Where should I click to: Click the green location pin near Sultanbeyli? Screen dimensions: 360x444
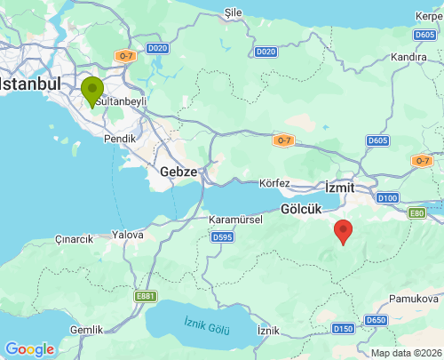[x=91, y=92]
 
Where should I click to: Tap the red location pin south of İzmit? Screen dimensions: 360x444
[x=343, y=232]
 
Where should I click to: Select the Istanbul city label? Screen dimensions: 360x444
[x=28, y=84]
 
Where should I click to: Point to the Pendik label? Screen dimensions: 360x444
[x=121, y=139]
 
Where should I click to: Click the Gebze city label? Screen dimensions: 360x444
[x=178, y=171]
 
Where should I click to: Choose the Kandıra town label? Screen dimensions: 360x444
[x=408, y=57]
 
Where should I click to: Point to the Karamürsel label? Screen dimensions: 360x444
[x=233, y=219]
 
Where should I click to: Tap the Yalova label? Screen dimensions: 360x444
[x=128, y=235]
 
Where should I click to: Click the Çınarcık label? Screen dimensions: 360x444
[x=74, y=239]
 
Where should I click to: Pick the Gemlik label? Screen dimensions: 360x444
[x=86, y=330]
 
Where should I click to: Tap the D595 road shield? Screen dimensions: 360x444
[x=222, y=237]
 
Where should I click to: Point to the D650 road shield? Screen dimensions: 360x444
[x=377, y=320]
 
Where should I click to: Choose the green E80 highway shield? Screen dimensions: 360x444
[x=416, y=213]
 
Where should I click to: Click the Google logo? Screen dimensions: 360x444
[x=28, y=349]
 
